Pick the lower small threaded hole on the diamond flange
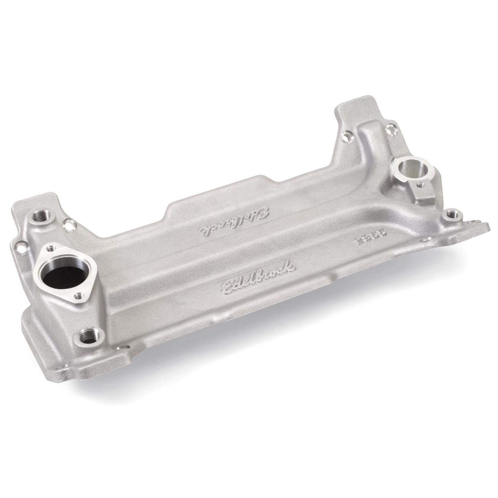(80, 295)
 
